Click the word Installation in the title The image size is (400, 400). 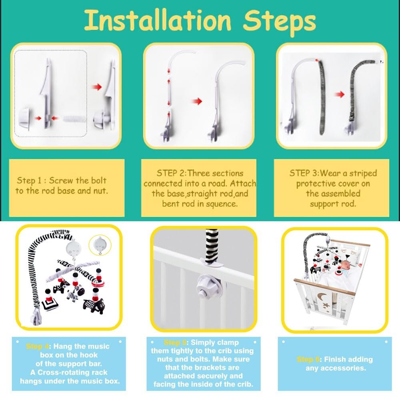tap(157, 20)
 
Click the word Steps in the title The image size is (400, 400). tap(279, 22)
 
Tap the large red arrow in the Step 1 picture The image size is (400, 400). tap(97, 87)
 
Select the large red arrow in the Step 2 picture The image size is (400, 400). tap(197, 101)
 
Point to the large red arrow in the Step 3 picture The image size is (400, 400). tap(339, 94)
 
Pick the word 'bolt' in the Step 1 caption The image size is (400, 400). tap(98, 180)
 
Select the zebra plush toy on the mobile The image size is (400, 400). tap(76, 293)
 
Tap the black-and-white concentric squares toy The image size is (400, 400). tap(50, 304)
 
